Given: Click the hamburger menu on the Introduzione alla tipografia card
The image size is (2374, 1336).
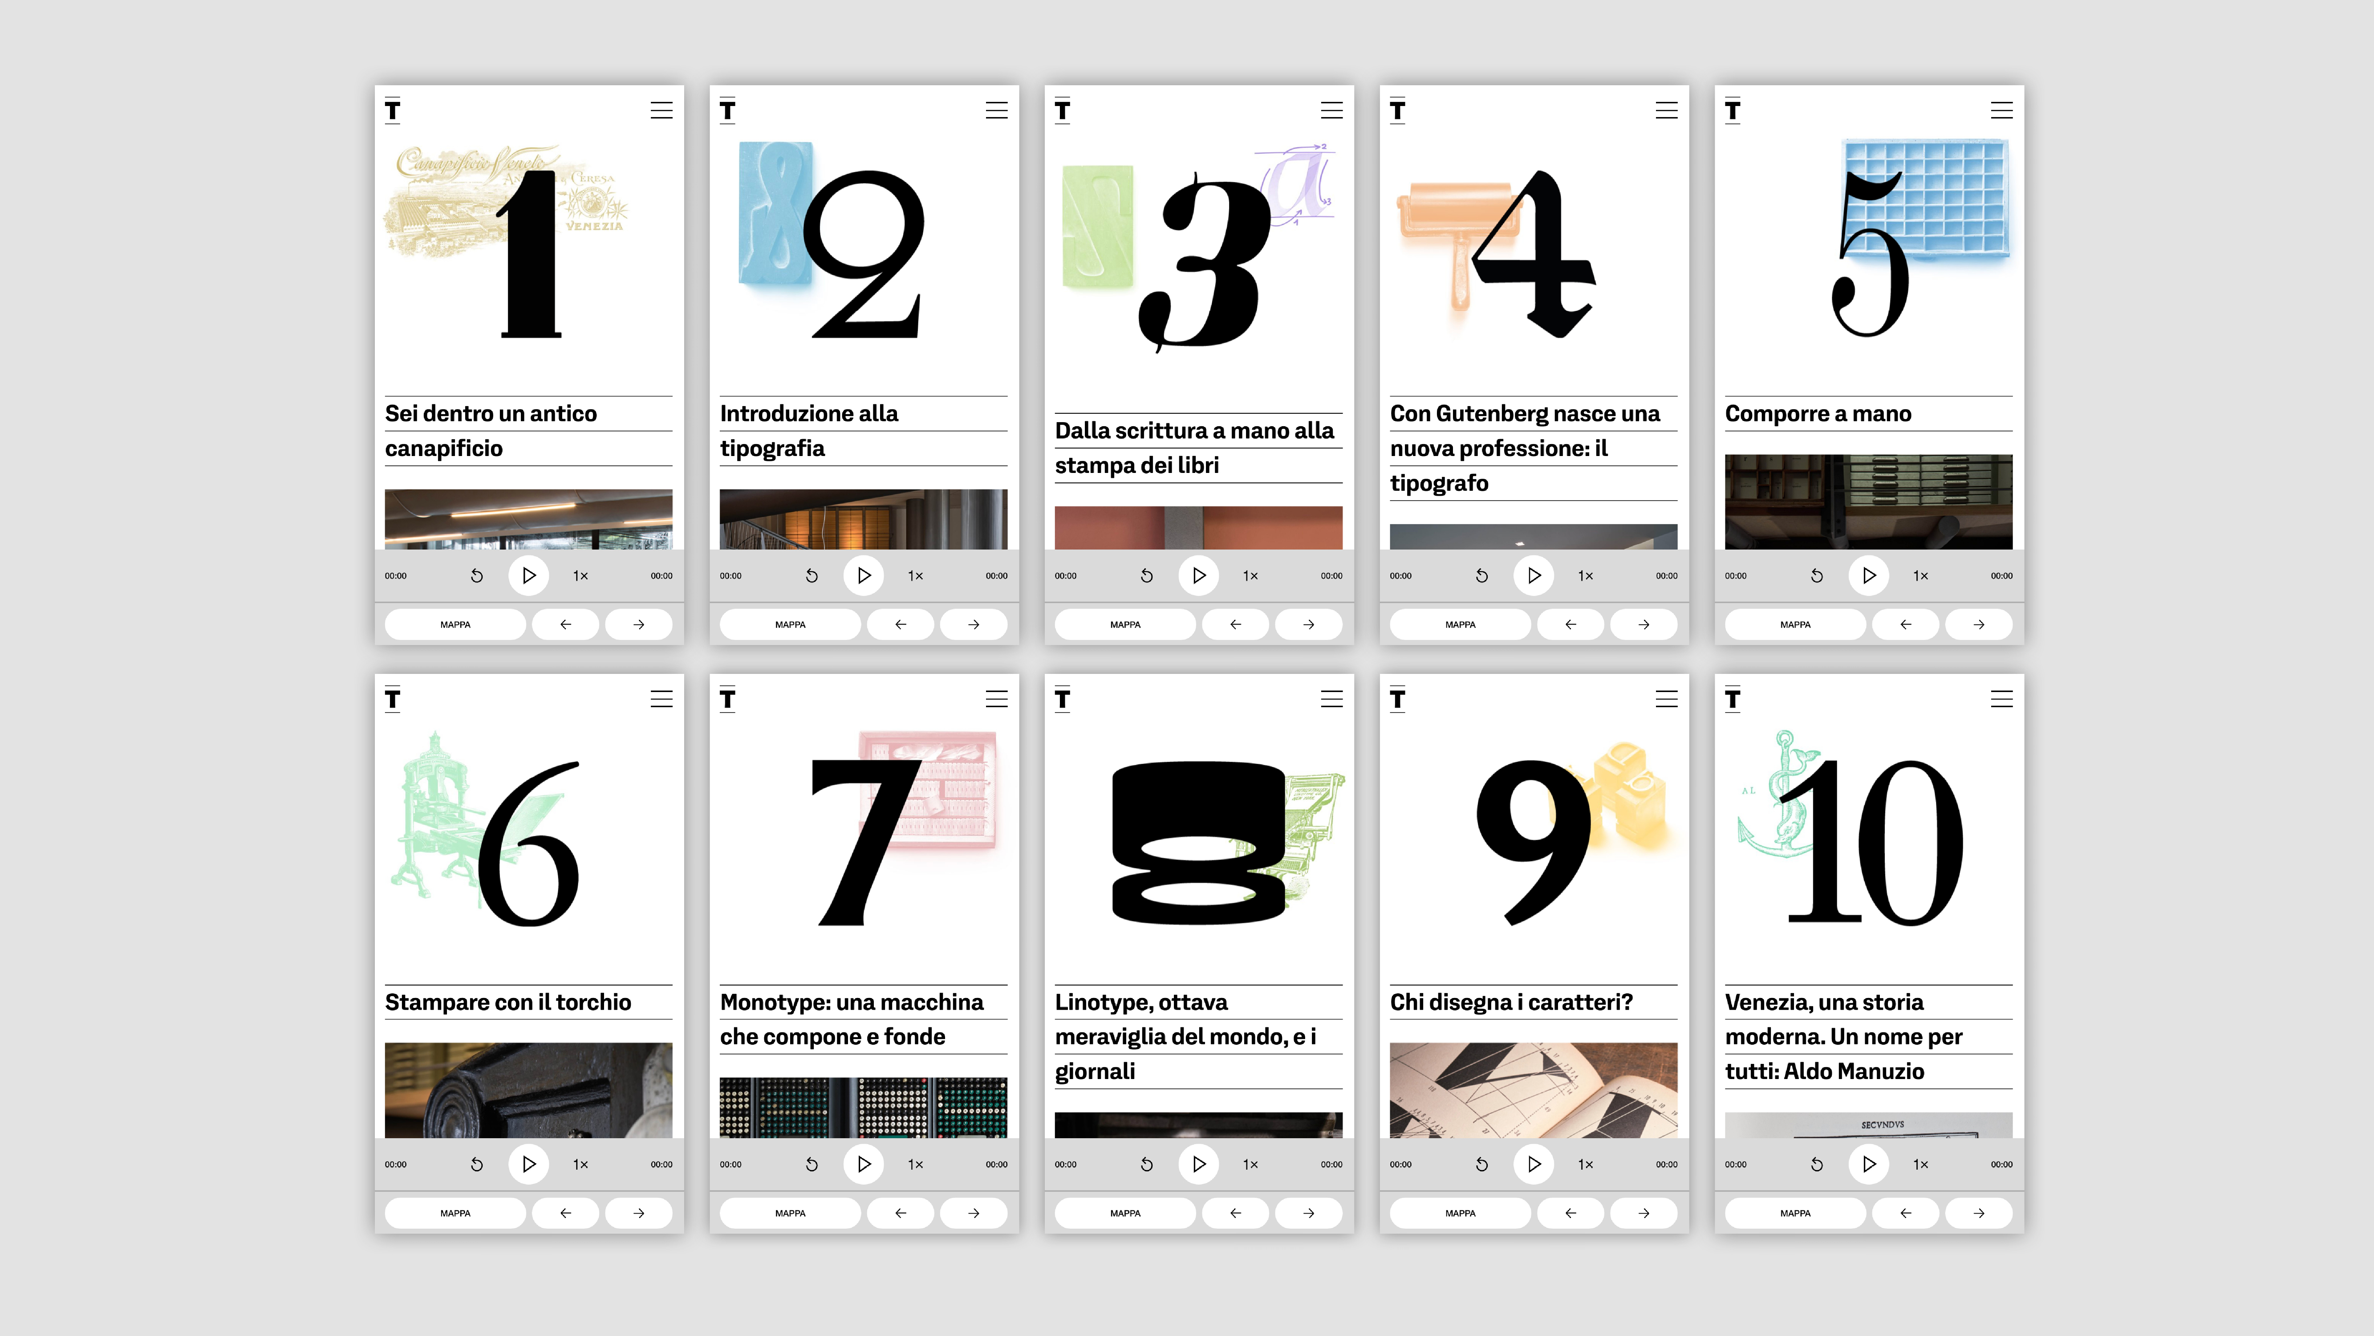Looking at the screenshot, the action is point(996,110).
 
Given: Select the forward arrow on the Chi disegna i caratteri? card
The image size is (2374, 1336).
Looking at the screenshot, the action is point(1643,1214).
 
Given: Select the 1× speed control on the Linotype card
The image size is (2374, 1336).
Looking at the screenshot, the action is point(1250,1165).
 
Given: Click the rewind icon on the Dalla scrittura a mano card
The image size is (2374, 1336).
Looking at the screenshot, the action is point(1146,575).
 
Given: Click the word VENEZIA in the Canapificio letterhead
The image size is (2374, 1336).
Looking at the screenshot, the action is point(594,226).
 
